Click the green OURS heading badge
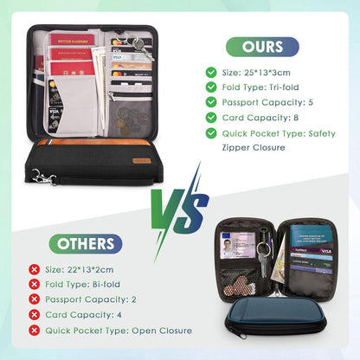tap(262, 47)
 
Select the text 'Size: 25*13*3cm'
tap(259, 74)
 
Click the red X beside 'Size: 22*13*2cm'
tap(34, 270)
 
